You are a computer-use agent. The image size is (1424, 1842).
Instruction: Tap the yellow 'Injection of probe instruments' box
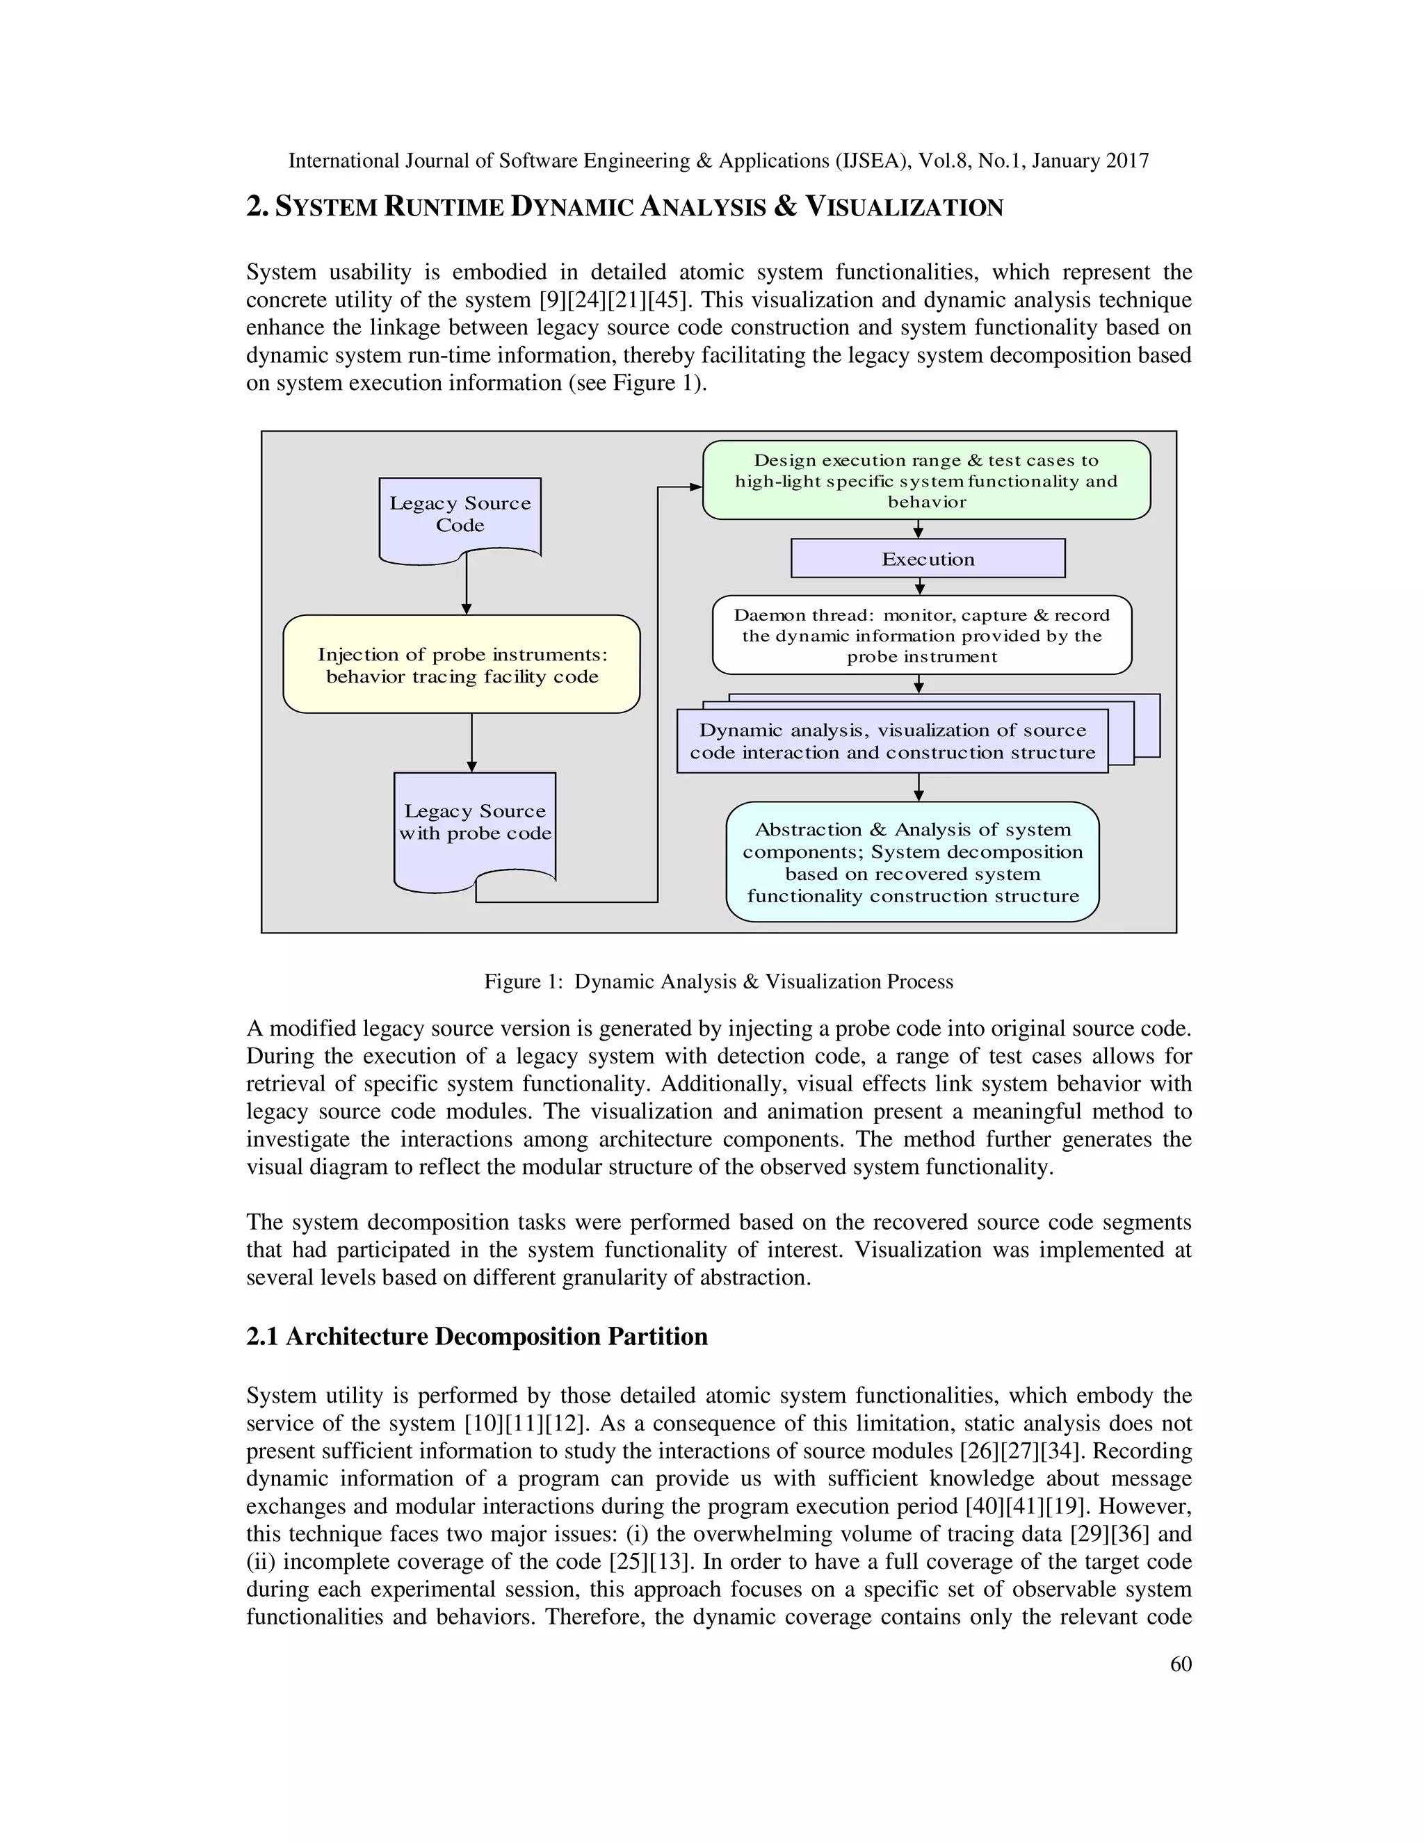462,665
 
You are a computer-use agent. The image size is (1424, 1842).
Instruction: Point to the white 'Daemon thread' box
921,635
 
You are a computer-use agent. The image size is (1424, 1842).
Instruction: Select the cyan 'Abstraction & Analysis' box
912,862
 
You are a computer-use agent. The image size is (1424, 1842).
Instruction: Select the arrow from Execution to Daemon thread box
919,586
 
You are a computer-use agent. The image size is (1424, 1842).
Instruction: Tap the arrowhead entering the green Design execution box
695,487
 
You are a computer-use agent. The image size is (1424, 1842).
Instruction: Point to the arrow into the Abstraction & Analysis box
919,788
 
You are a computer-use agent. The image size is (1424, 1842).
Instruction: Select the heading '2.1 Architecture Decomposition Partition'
476,1337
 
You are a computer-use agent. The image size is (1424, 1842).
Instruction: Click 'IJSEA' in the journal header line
870,161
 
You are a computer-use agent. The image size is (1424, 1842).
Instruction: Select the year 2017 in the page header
1127,161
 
